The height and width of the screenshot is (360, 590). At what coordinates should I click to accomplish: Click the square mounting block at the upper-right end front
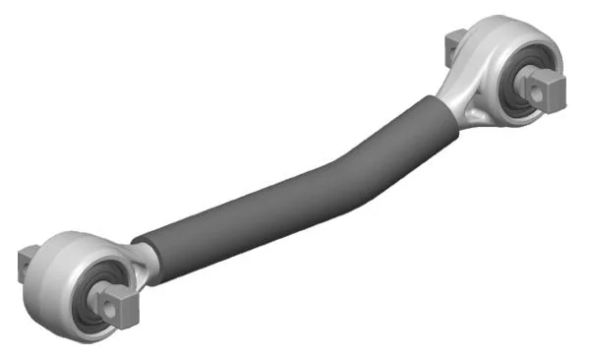pos(548,90)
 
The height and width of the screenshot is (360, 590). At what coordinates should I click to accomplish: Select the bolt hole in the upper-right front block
pos(547,90)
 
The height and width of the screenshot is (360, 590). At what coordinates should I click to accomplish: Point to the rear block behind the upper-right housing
pos(453,41)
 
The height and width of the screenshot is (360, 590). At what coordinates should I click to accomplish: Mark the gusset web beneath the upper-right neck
pos(476,115)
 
